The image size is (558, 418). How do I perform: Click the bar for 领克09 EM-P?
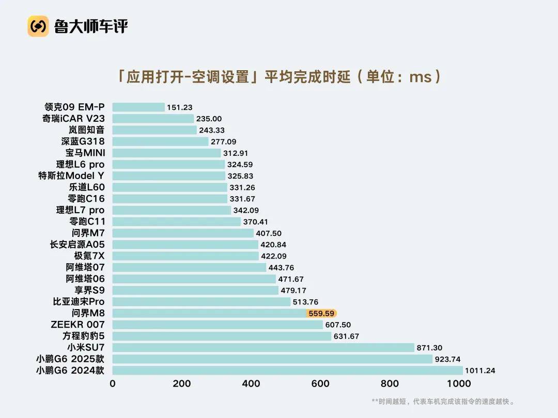(x=138, y=107)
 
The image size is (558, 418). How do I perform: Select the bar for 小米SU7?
(x=263, y=348)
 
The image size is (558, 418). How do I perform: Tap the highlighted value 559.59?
(x=321, y=313)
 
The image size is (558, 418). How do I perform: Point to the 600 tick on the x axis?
(x=320, y=383)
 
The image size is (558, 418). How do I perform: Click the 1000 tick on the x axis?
(x=459, y=383)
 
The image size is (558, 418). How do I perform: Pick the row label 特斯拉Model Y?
(x=71, y=176)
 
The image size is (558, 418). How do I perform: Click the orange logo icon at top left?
(x=38, y=26)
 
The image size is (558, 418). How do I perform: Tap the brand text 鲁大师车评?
(x=90, y=26)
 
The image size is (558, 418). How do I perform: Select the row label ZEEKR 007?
(x=78, y=325)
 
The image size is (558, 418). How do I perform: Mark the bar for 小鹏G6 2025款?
(x=272, y=359)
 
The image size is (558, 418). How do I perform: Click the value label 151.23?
(x=180, y=107)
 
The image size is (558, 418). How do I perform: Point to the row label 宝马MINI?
(x=85, y=153)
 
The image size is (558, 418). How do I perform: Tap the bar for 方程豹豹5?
(x=222, y=336)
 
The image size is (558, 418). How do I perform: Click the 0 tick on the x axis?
(x=113, y=383)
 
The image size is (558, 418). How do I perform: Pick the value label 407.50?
(x=270, y=233)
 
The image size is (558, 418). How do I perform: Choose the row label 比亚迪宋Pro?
(x=79, y=302)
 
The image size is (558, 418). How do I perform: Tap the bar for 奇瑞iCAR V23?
(x=153, y=119)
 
